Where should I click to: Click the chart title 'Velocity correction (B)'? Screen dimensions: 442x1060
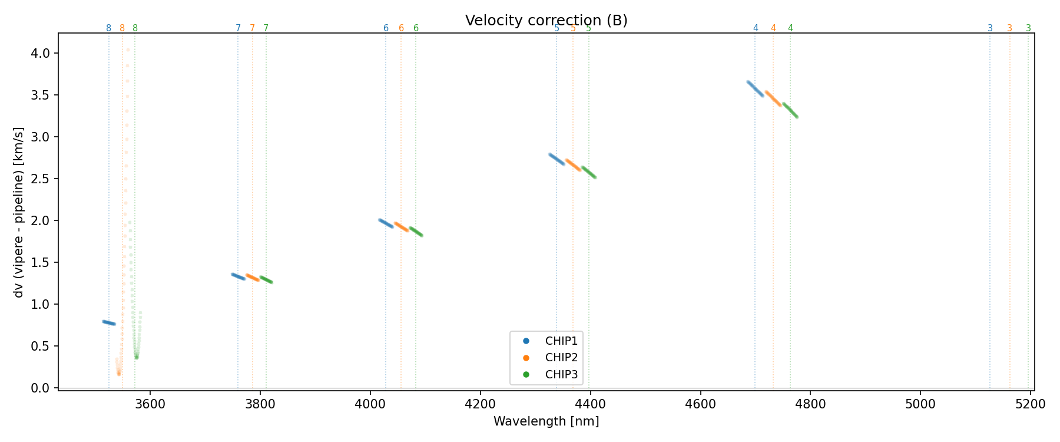pyautogui.click(x=546, y=21)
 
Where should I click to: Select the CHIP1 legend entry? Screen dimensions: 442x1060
pyautogui.click(x=561, y=341)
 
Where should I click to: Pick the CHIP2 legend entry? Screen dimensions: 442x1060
pyautogui.click(x=561, y=358)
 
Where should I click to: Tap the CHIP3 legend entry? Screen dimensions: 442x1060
pyautogui.click(x=561, y=375)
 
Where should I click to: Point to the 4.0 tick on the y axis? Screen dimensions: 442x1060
pyautogui.click(x=44, y=54)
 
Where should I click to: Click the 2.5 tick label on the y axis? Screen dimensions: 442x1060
pyautogui.click(x=44, y=179)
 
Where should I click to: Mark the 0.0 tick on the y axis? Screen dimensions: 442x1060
pyautogui.click(x=44, y=388)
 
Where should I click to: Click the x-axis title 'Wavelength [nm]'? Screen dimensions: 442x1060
pyautogui.click(x=546, y=421)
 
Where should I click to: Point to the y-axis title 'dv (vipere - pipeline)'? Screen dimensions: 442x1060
pyautogui.click(x=19, y=212)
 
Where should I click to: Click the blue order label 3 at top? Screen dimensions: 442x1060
pyautogui.click(x=990, y=28)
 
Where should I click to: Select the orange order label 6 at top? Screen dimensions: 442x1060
pyautogui.click(x=401, y=28)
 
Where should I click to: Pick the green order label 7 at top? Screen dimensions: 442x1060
pyautogui.click(x=266, y=28)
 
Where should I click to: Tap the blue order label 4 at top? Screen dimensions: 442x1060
pyautogui.click(x=756, y=28)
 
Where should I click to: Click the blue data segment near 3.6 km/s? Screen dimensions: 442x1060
pyautogui.click(x=755, y=88)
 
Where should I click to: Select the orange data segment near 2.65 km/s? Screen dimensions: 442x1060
pyautogui.click(x=574, y=165)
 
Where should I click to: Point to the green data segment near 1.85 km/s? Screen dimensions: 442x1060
pyautogui.click(x=416, y=231)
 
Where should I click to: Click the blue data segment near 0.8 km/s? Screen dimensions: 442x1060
pyautogui.click(x=108, y=322)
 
